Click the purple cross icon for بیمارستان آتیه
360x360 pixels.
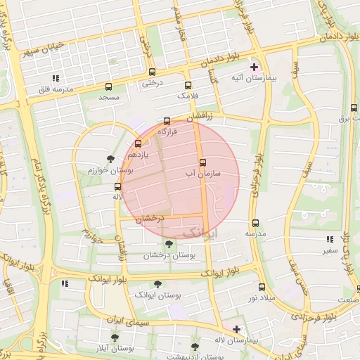(x=255, y=68)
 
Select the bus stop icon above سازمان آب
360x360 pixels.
(x=202, y=162)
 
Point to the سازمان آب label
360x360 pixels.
(x=203, y=172)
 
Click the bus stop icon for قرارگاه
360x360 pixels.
(x=167, y=121)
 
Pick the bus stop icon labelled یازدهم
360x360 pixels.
(x=138, y=143)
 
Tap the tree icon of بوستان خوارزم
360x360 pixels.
(x=110, y=159)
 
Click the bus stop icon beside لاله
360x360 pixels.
(x=117, y=186)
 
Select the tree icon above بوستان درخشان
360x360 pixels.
(x=167, y=244)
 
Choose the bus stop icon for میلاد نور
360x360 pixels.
(x=262, y=287)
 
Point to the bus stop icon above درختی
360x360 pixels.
(x=152, y=72)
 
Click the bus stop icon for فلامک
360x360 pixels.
(x=188, y=84)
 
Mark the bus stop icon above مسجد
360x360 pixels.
(x=108, y=86)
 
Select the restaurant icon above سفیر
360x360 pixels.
(x=330, y=239)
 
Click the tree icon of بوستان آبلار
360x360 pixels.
(x=115, y=337)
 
